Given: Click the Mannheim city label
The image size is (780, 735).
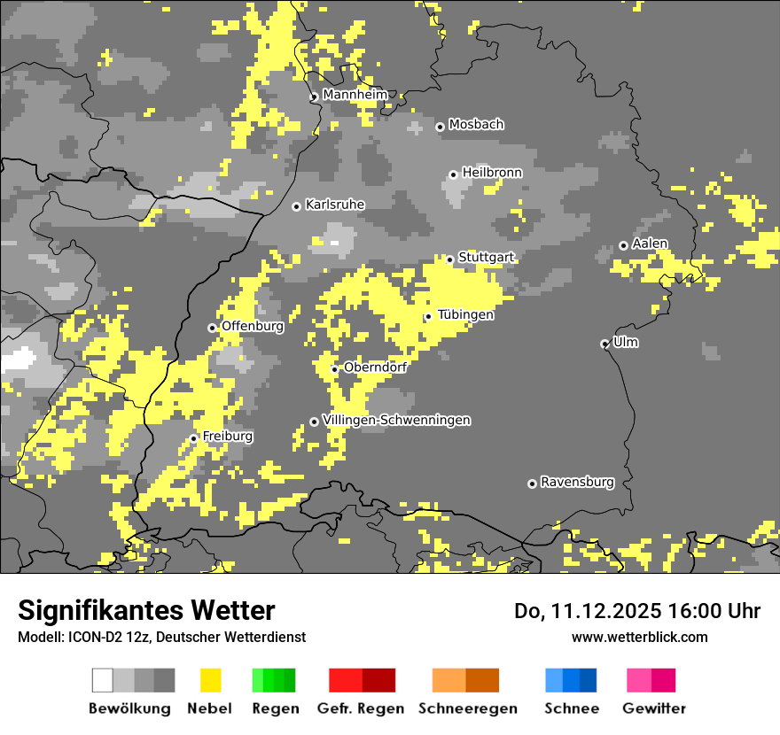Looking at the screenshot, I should pyautogui.click(x=355, y=95).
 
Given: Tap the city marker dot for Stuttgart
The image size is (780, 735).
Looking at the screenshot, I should pyautogui.click(x=450, y=259).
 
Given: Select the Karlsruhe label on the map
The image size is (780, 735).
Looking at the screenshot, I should pyautogui.click(x=334, y=205).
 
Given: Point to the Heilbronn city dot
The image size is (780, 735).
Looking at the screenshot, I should pyautogui.click(x=453, y=174).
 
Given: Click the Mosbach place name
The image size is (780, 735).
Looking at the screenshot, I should pyautogui.click(x=476, y=125).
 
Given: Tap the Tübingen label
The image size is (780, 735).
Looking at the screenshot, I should pyautogui.click(x=465, y=314).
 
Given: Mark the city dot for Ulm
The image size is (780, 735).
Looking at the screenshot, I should pyautogui.click(x=604, y=344).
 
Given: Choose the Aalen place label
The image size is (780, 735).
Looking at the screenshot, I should pyautogui.click(x=650, y=244).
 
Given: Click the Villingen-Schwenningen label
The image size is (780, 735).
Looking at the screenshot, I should pyautogui.click(x=396, y=420).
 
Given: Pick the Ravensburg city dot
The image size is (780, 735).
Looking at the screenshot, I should pyautogui.click(x=532, y=484).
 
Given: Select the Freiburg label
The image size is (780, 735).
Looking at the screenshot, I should pyautogui.click(x=227, y=437).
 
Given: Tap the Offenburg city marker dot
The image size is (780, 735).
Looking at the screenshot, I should pyautogui.click(x=212, y=328).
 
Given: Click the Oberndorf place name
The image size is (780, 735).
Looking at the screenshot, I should pyautogui.click(x=375, y=367).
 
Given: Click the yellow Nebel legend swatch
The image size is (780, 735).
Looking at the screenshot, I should pyautogui.click(x=210, y=680).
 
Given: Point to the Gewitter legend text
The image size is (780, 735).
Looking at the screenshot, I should pyautogui.click(x=653, y=708).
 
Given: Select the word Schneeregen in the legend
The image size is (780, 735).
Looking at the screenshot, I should pyautogui.click(x=467, y=708).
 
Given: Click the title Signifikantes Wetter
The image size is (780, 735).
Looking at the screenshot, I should pyautogui.click(x=146, y=610).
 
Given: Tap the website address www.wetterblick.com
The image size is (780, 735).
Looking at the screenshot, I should pyautogui.click(x=639, y=637).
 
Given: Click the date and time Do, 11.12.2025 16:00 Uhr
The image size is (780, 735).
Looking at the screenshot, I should pyautogui.click(x=637, y=611).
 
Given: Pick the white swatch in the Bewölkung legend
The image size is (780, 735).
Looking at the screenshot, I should pyautogui.click(x=103, y=680).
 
